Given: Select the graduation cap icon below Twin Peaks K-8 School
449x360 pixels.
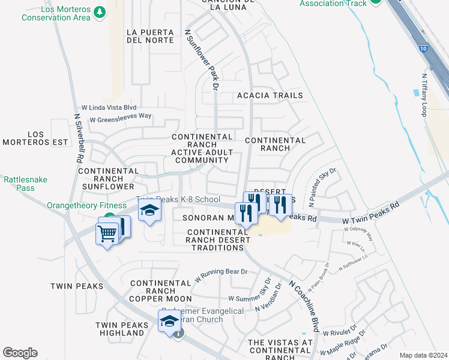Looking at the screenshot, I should coord(150,211).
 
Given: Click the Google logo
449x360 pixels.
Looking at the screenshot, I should coord(20,352).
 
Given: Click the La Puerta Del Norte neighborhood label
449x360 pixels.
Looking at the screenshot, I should coord(151,36).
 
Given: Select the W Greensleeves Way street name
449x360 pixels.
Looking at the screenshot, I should coord(121,118).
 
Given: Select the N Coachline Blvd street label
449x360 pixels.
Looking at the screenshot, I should coord(303,305).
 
